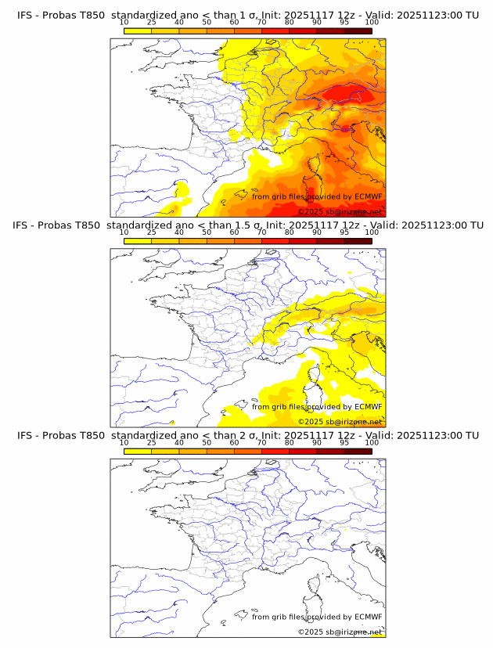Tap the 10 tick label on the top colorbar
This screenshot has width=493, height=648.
tap(124, 22)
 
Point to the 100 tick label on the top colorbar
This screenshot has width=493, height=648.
tap(372, 22)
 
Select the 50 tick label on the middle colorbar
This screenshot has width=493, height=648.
tap(207, 232)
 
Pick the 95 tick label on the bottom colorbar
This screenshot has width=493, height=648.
tap(344, 441)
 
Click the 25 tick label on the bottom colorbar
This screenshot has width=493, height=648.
tap(151, 441)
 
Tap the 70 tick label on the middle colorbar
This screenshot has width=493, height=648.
tap(261, 232)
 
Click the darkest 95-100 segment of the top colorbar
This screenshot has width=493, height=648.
tap(358, 31)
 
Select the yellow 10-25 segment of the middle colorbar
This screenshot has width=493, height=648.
tap(138, 240)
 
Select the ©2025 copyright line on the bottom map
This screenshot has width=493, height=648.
tap(340, 632)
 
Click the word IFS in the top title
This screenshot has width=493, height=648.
tap(25, 16)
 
